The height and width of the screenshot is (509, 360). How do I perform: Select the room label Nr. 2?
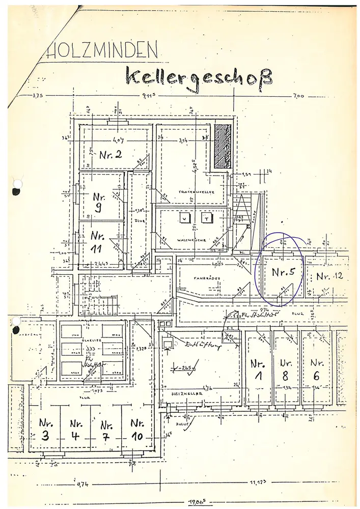point(110,155)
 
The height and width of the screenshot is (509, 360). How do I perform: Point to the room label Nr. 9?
point(98,202)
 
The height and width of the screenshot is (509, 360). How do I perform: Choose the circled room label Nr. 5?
point(283,272)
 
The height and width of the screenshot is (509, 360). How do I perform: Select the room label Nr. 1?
point(258,371)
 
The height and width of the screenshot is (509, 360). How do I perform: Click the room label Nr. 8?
point(285,371)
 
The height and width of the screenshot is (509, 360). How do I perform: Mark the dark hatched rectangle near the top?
point(223,146)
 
